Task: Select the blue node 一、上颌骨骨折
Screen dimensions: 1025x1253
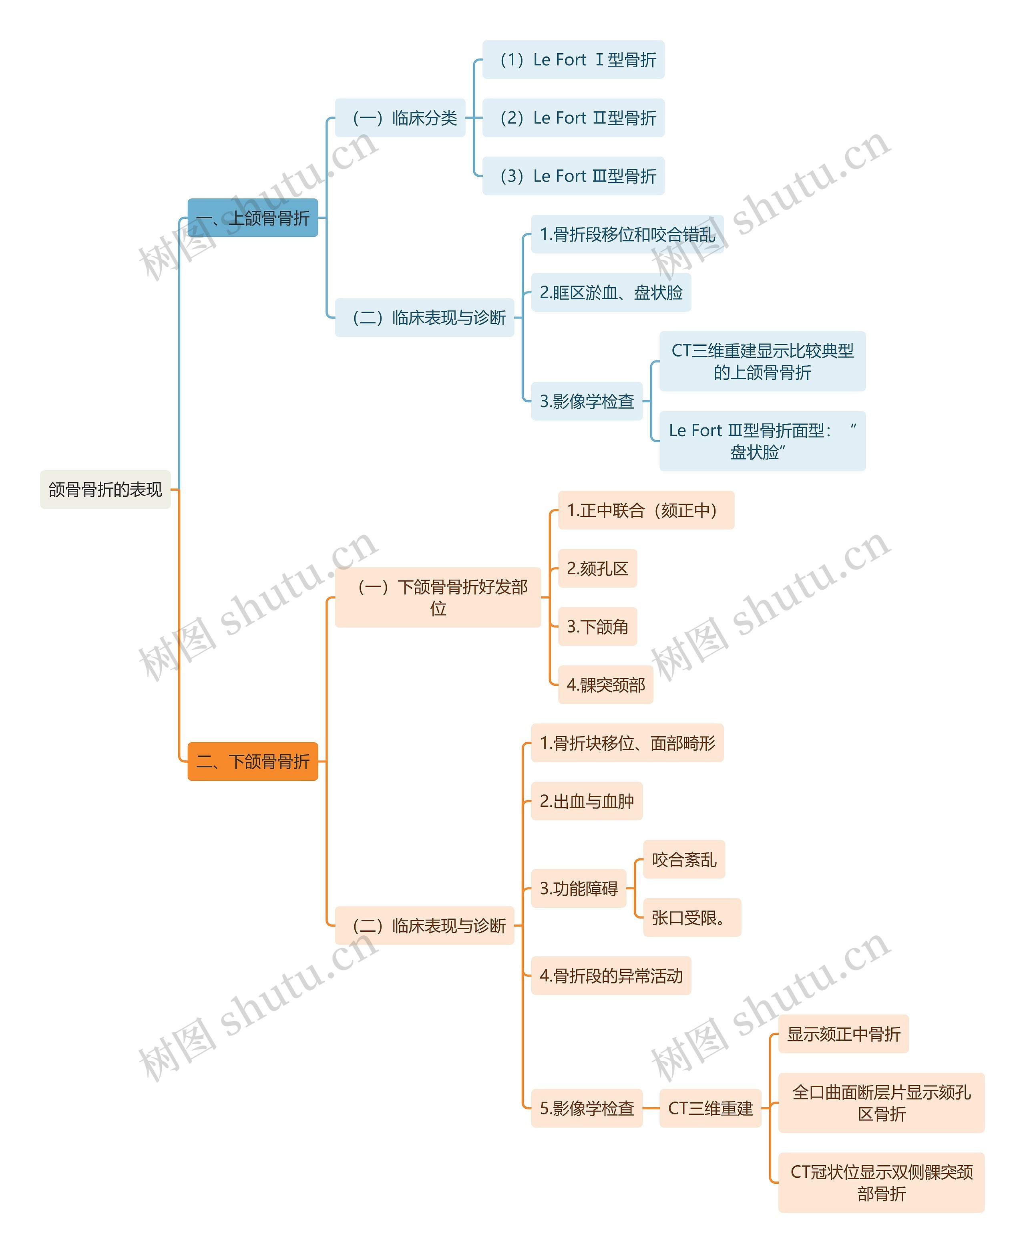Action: [253, 218]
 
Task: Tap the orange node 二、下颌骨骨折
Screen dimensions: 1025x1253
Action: [253, 761]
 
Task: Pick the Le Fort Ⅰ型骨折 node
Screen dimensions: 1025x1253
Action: [573, 60]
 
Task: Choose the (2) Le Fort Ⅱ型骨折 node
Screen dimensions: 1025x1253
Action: [573, 118]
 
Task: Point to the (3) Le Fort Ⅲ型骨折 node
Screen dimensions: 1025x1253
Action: [573, 176]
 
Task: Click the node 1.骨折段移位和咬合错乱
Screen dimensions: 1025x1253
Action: [627, 234]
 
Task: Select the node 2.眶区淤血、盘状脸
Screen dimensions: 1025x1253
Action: [611, 292]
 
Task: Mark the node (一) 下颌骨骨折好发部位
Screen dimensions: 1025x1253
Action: [438, 597]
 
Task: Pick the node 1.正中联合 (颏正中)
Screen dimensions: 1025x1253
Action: [646, 510]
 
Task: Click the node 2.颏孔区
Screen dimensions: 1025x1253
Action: [597, 568]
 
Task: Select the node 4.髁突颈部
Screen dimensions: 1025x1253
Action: [605, 685]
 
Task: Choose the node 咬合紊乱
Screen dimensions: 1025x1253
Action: [684, 860]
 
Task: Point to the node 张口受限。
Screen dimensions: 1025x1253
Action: [691, 917]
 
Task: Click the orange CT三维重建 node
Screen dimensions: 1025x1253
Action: [710, 1108]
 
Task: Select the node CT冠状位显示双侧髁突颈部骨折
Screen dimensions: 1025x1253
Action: [881, 1183]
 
